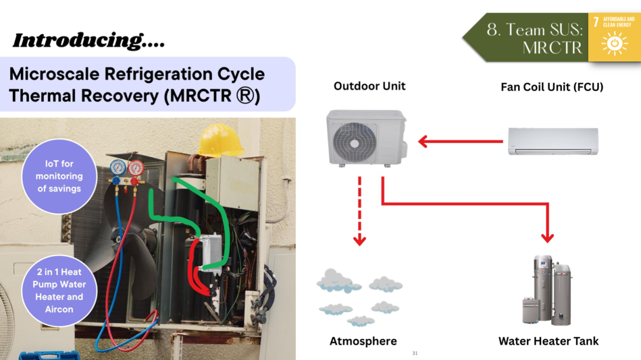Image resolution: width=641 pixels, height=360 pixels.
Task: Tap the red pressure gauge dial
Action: click(136, 168)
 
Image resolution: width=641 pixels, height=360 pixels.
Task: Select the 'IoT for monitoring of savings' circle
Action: click(59, 176)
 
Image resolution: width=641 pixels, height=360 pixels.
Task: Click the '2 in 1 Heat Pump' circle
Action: click(59, 291)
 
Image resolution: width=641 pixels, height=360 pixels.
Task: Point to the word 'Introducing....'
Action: click(88, 41)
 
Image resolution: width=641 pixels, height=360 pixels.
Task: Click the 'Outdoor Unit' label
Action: click(370, 85)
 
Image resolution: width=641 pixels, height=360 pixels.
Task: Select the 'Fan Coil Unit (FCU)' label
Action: click(552, 87)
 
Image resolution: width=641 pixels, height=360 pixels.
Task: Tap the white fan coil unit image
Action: click(553, 142)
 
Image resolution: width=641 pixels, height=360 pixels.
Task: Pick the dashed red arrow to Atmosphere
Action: click(359, 211)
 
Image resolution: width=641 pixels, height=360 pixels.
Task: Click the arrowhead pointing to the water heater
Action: click(548, 238)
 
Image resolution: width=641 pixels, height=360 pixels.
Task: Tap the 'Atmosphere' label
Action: click(363, 341)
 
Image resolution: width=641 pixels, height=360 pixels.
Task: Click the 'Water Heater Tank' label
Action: click(549, 341)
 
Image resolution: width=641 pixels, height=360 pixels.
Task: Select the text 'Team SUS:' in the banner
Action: click(534, 30)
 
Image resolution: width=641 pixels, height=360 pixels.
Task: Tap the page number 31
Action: click(415, 354)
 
